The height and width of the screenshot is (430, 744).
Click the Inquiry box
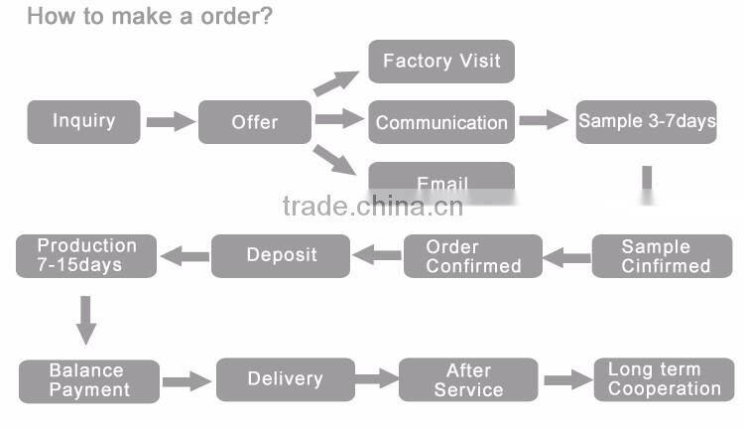(x=84, y=122)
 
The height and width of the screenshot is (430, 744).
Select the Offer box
(x=255, y=122)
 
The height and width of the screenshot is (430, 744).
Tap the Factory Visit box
(x=441, y=62)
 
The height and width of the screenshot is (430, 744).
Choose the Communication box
(x=441, y=122)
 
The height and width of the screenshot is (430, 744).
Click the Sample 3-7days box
(x=646, y=122)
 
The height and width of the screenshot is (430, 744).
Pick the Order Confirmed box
(x=473, y=256)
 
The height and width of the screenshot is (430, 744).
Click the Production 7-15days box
(x=86, y=255)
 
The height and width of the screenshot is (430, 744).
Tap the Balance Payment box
(x=89, y=380)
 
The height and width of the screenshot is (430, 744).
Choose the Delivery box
(x=285, y=379)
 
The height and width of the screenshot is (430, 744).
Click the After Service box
(x=468, y=380)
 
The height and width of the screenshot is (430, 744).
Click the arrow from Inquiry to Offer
(x=171, y=122)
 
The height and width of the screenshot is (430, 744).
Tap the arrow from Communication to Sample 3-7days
(x=544, y=121)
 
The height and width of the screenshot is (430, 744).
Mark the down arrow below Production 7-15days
(x=86, y=320)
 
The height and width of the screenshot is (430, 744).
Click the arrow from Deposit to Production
(x=185, y=256)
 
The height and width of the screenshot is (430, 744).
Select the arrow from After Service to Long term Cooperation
(x=566, y=379)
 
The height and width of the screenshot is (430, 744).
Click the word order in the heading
(x=229, y=17)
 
